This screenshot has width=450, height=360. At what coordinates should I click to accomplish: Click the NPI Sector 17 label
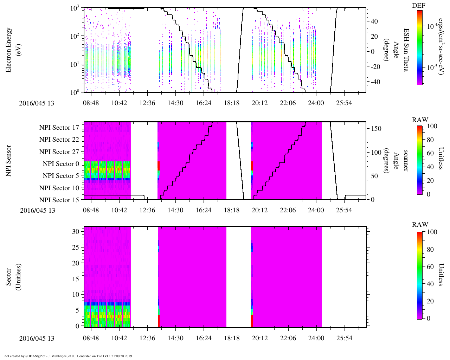pos(59,128)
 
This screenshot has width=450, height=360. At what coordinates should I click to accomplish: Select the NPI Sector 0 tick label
pos(61,164)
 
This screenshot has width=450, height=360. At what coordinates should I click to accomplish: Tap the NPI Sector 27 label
pos(59,152)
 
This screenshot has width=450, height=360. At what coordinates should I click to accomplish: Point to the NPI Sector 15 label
pos(59,200)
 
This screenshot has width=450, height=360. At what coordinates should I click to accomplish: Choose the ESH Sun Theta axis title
pos(405,50)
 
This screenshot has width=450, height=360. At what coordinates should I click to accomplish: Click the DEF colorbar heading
pos(418,6)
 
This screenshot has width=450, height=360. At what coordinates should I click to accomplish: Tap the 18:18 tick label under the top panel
pos(231,103)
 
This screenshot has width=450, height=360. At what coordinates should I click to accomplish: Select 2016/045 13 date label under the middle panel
pos(38,211)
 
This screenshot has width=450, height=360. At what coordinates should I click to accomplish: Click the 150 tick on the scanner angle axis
pos(376,129)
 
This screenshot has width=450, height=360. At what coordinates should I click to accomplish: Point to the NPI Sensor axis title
pos(8,161)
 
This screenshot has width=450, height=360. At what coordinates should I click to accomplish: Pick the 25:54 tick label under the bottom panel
pos(344,338)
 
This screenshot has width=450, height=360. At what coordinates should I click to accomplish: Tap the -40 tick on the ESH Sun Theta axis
pos(375,82)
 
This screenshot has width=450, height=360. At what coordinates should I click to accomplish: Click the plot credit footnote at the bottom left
pos(68,356)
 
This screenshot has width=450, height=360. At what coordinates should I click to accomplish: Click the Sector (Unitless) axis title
pos(13,277)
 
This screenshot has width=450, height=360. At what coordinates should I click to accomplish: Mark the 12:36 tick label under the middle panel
pos(147,210)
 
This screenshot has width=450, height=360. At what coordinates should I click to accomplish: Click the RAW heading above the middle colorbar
pos(420,120)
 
